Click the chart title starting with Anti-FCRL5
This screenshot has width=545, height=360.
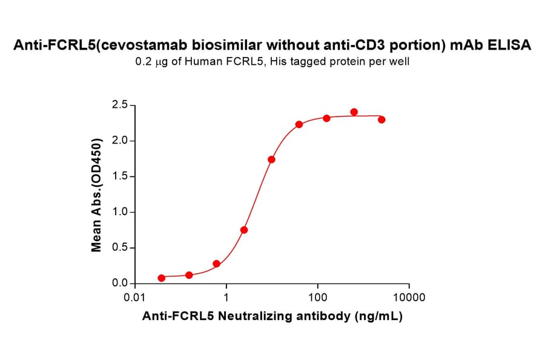pos(272,45)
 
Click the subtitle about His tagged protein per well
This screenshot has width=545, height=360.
pos(272,62)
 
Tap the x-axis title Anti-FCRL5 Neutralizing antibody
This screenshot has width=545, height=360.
pos(272,316)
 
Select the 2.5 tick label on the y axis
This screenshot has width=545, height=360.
pos(119,105)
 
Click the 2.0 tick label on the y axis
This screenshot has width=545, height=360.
pos(119,141)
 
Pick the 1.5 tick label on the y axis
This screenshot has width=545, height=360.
pos(119,177)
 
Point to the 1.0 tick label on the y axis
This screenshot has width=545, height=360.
pos(119,213)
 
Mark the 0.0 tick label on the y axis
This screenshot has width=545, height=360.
pos(119,284)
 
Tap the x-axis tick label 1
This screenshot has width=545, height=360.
pos(226,298)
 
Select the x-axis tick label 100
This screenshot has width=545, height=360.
pos(318,298)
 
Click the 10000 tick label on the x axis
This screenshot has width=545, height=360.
pos(409,298)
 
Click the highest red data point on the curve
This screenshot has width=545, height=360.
pos(354,112)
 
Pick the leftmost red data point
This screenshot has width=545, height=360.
pos(161,278)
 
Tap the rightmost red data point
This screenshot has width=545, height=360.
pos(381,119)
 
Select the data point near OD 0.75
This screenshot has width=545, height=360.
pos(244,230)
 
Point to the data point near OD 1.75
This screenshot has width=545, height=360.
pos(271,159)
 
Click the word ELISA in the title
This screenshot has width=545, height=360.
pos(512,45)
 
